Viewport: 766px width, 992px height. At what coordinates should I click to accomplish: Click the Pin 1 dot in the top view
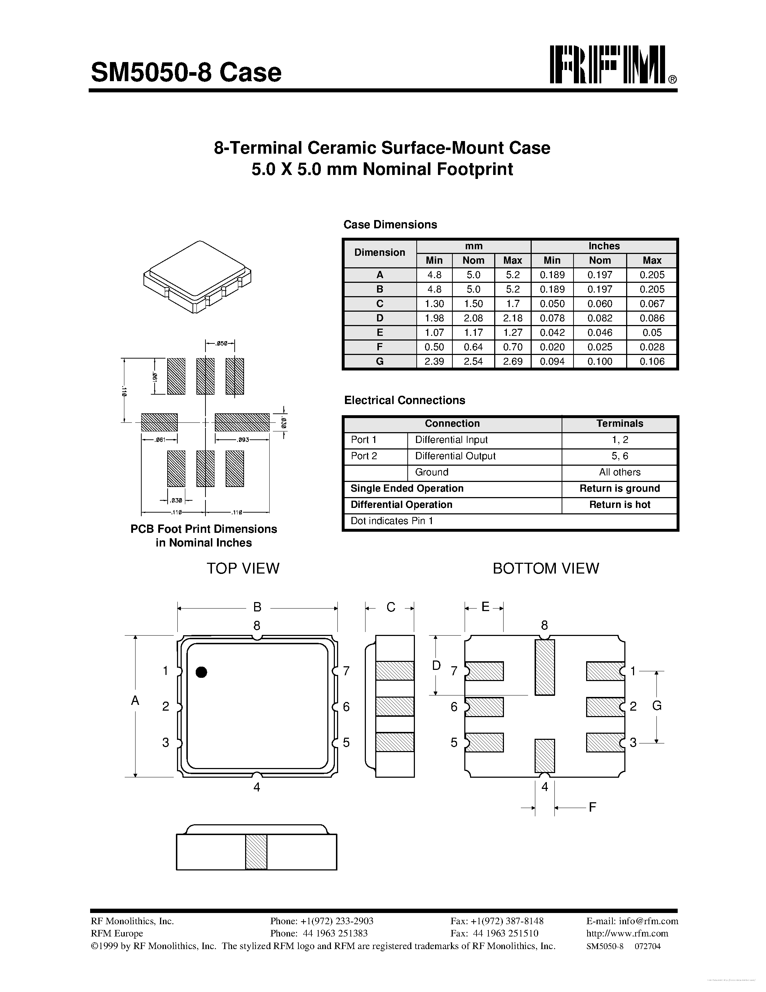202,672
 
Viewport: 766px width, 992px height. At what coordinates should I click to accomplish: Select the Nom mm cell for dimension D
473,318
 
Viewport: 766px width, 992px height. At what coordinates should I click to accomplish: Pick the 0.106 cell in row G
652,361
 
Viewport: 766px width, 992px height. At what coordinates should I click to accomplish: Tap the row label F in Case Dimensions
380,347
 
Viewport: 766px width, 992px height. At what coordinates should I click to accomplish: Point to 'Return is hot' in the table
619,505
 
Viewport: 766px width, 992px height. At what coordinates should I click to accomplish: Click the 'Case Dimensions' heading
390,224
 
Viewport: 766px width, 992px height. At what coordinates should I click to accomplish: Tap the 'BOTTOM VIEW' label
545,568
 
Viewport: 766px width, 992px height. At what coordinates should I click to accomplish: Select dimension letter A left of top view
135,701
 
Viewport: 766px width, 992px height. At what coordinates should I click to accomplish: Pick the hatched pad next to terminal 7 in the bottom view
484,671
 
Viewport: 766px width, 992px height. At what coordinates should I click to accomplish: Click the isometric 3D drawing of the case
197,277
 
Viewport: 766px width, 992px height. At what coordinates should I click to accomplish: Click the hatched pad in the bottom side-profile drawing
256,852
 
